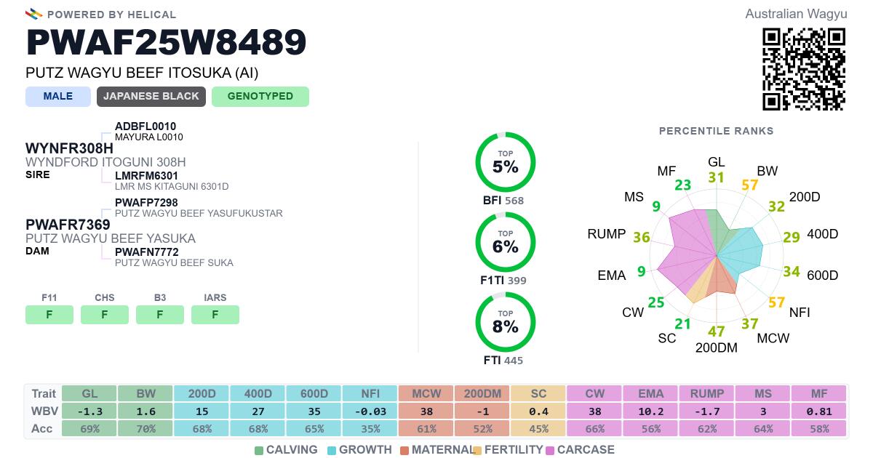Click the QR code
[x=804, y=69]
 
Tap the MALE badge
[x=58, y=97]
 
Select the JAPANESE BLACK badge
[x=151, y=97]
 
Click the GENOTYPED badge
[x=260, y=97]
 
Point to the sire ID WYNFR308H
[x=69, y=149]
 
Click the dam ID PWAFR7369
[x=68, y=225]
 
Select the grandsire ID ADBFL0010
[x=145, y=126]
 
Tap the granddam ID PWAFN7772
[x=146, y=252]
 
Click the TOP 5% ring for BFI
[x=506, y=163]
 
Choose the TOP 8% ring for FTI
[x=506, y=323]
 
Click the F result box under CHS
[x=105, y=315]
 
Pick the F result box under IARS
[x=215, y=315]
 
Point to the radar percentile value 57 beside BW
[x=750, y=185]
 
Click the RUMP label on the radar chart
[x=607, y=234]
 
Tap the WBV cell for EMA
[x=651, y=411]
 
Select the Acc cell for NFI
[x=370, y=429]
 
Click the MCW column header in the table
[x=426, y=393]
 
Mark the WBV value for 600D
[x=314, y=411]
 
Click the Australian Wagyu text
[x=796, y=14]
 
